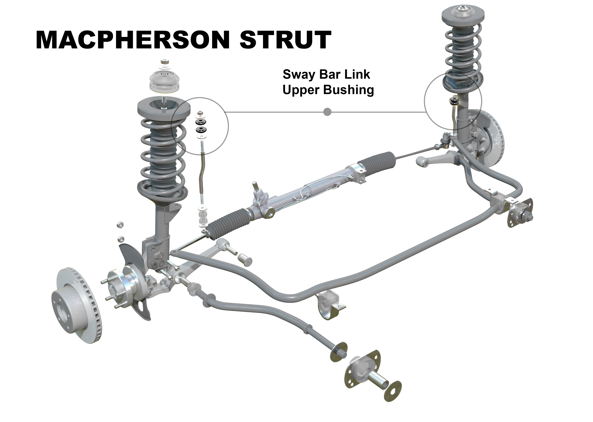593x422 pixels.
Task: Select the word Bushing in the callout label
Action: (349, 90)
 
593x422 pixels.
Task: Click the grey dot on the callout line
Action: (327, 112)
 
